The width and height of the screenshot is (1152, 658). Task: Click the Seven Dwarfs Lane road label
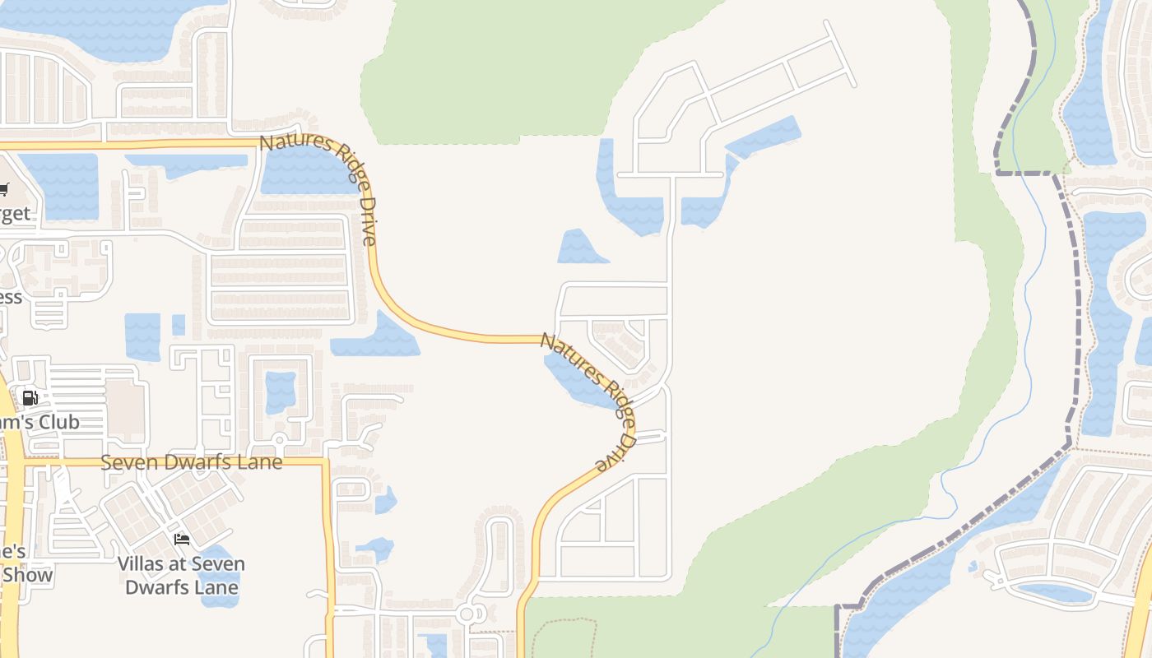[191, 462]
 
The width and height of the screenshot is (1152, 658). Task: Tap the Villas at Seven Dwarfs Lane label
[181, 576]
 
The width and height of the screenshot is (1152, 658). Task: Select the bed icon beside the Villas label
[182, 540]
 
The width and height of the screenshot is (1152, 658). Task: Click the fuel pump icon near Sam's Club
[30, 398]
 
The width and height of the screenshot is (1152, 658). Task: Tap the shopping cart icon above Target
[3, 190]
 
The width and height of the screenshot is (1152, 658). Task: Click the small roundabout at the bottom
[468, 614]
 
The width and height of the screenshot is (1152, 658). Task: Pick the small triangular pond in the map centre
[580, 249]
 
